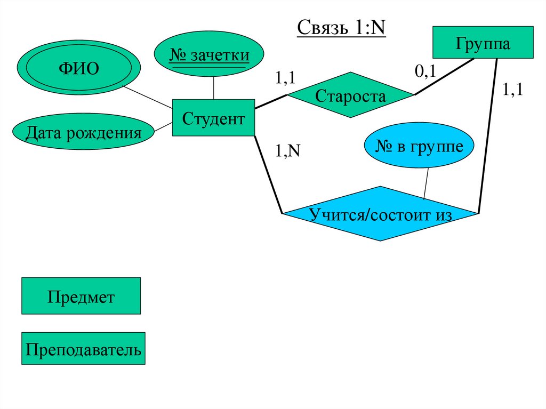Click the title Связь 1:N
[x=341, y=28]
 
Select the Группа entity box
[x=483, y=43]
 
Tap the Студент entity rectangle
[x=213, y=118]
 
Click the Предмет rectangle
[x=81, y=296]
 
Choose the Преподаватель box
[x=83, y=349]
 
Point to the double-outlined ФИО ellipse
[x=78, y=69]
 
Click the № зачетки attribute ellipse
[x=209, y=55]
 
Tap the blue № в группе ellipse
[x=419, y=146]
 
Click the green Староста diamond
[x=350, y=96]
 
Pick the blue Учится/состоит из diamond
[x=380, y=214]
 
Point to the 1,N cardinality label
[x=287, y=151]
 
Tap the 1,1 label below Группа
[x=513, y=90]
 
